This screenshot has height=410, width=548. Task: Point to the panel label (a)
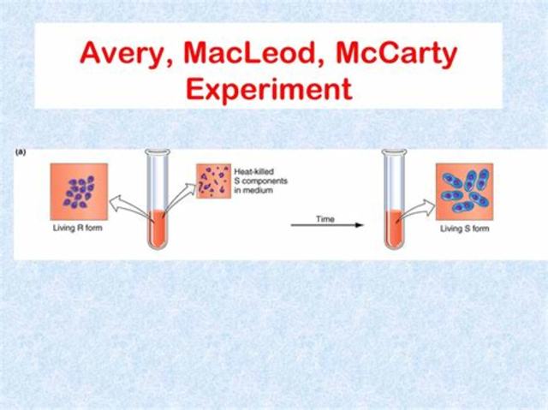click(x=21, y=152)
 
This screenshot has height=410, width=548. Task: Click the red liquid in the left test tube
click(x=158, y=227)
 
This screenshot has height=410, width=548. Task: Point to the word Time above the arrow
click(x=325, y=219)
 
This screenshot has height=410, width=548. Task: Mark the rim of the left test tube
click(x=158, y=153)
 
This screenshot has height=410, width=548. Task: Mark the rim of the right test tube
click(x=394, y=153)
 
